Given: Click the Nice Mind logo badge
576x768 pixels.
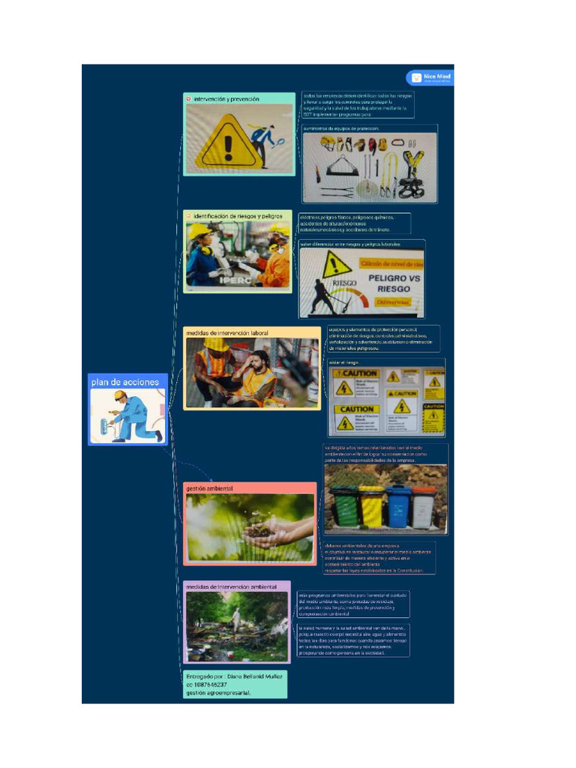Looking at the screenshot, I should point(430,77).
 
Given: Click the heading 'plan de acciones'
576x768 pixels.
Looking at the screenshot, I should point(125,382).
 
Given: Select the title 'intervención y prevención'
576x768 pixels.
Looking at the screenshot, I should point(226,99).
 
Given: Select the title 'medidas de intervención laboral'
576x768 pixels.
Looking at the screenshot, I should point(226,332).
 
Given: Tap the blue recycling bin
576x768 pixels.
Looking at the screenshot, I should point(398,506).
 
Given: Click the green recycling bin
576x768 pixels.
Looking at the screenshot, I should point(344,506).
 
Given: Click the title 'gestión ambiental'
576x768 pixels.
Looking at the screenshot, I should point(209,488).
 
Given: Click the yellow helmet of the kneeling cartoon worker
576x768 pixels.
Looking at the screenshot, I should point(119,395).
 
